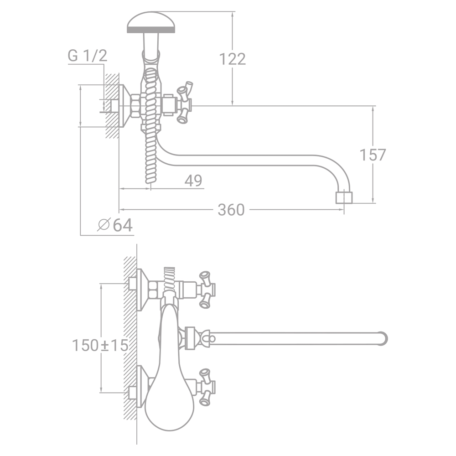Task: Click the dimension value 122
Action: pos(232,59)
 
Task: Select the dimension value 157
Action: pos(373,155)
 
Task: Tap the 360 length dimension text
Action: pos(231,210)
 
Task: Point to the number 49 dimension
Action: pos(193,181)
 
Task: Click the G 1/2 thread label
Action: pos(88,56)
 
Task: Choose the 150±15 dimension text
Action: pos(100,346)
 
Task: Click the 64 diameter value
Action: pos(123,225)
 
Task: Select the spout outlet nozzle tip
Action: pos(344,197)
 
